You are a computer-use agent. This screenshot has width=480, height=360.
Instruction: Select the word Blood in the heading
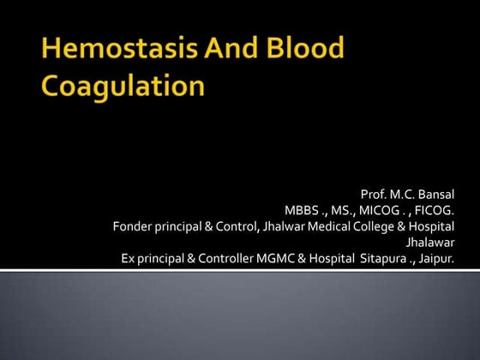[301, 51]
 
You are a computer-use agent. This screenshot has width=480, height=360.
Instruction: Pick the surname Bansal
[435, 195]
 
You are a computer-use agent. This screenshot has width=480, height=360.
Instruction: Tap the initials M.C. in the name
[403, 195]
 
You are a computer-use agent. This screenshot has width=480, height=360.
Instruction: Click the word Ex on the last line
[129, 258]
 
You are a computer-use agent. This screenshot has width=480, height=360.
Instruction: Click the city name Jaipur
[436, 258]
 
